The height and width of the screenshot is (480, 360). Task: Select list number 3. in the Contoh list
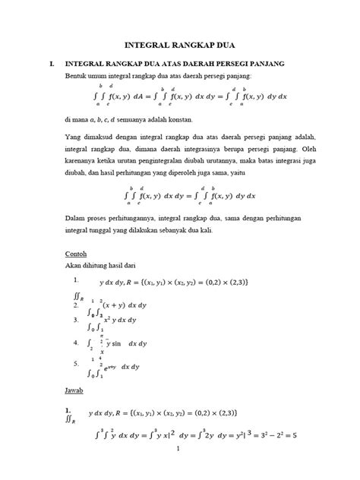click(74, 320)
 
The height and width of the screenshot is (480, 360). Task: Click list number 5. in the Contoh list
click(74, 363)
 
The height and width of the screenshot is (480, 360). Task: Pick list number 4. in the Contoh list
click(74, 342)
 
